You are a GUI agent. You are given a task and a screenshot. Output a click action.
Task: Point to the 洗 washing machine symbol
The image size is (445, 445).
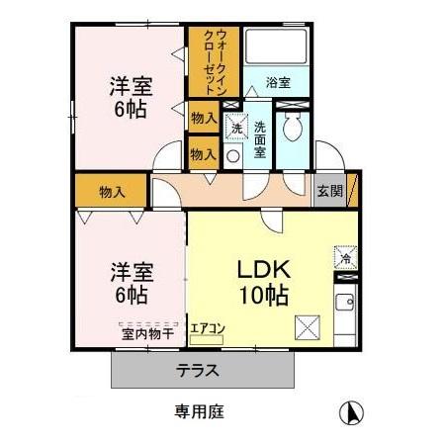[x=235, y=127]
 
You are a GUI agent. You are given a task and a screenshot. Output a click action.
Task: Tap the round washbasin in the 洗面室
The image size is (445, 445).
[x=233, y=156]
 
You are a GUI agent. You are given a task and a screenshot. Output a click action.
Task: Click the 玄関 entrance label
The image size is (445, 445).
[x=330, y=190]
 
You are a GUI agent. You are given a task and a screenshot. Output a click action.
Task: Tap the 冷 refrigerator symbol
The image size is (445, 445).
[x=345, y=257]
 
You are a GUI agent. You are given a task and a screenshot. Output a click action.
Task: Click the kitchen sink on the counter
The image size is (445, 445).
[x=345, y=303]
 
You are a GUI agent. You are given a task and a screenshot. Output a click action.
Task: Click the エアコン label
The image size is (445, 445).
[x=208, y=328]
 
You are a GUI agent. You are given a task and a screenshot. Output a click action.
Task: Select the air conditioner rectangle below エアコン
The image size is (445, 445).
[x=208, y=340]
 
